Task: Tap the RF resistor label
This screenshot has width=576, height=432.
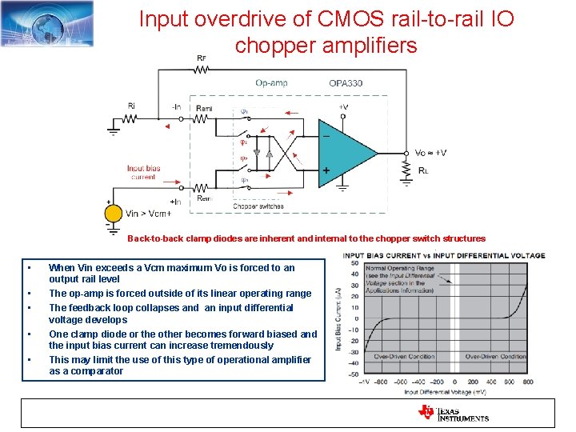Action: click(x=202, y=58)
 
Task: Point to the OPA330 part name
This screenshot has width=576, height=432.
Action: click(x=346, y=82)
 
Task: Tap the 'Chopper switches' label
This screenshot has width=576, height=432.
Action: click(x=258, y=206)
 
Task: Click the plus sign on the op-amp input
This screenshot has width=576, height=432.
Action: click(x=326, y=170)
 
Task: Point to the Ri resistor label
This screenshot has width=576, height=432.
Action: click(x=130, y=105)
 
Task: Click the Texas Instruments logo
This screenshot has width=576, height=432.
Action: click(x=453, y=413)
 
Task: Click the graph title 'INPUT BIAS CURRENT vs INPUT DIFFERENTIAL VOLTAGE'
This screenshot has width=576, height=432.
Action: click(x=444, y=256)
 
